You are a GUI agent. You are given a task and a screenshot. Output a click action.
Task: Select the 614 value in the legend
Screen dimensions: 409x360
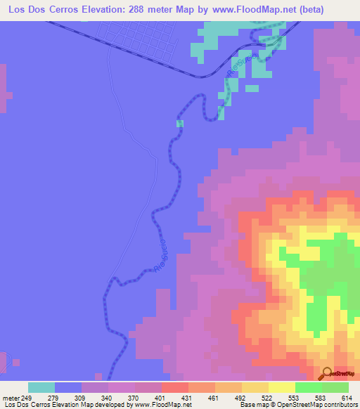[x=347, y=397]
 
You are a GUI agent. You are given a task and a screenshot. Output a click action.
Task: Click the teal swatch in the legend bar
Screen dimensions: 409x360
[x=41, y=387]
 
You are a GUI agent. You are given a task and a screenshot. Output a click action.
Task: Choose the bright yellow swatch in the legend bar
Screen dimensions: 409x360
[x=282, y=387]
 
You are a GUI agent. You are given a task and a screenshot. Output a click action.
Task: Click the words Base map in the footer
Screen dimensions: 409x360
[x=251, y=405]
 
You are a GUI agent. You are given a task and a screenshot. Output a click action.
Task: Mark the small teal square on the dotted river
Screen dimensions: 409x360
[x=180, y=124]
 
